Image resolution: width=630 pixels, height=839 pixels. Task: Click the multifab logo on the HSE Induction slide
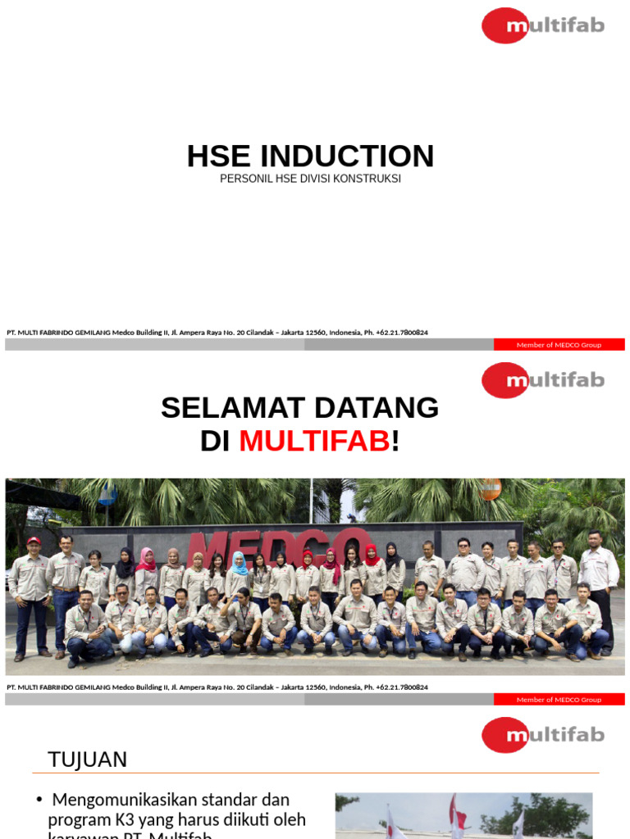pyautogui.click(x=542, y=25)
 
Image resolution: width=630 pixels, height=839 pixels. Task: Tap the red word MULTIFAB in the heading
pyautogui.click(x=314, y=442)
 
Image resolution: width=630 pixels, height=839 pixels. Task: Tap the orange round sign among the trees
pyautogui.click(x=491, y=489)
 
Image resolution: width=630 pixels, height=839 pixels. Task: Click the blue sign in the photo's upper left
pyautogui.click(x=107, y=494)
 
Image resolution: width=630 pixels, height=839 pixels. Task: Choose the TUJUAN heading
pyautogui.click(x=88, y=760)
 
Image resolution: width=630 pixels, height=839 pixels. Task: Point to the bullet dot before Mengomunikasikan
pyautogui.click(x=39, y=800)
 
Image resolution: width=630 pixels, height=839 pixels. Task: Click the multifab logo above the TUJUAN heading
pyautogui.click(x=542, y=735)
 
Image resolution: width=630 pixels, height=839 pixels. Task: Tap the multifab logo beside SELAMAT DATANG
pyautogui.click(x=542, y=380)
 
